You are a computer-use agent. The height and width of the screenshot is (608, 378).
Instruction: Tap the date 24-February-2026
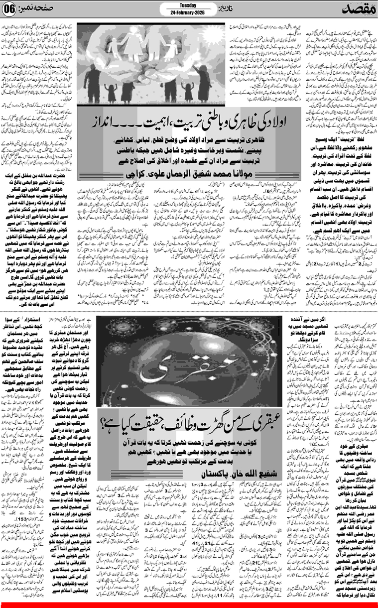[x=187, y=12]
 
